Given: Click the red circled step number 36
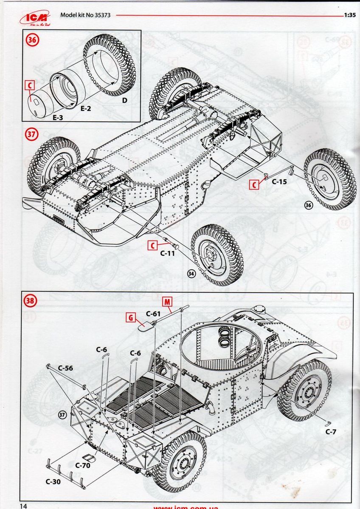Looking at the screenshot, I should pyautogui.click(x=32, y=40).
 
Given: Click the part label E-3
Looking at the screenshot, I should pyautogui.click(x=58, y=117).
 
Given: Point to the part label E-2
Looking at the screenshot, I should pyautogui.click(x=86, y=109).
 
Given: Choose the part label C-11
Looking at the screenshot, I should pyautogui.click(x=167, y=254).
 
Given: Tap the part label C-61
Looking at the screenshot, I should pyautogui.click(x=152, y=314).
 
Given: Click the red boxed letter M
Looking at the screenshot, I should pyautogui.click(x=168, y=302).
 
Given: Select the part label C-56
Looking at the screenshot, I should pyautogui.click(x=66, y=368).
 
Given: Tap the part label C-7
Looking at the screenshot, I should pyautogui.click(x=331, y=432).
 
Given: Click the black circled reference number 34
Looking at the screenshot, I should pyautogui.click(x=191, y=274).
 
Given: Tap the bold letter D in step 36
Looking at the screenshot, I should pyautogui.click(x=124, y=101).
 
